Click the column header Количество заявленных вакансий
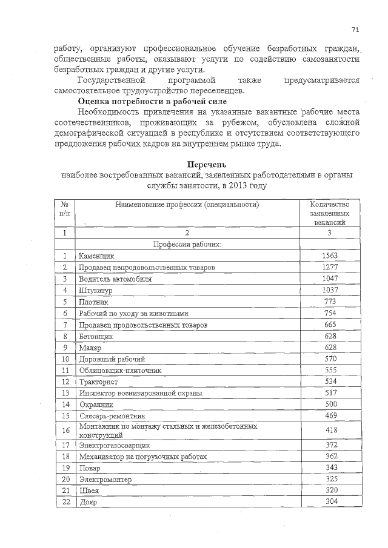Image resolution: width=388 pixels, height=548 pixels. pos(329,214)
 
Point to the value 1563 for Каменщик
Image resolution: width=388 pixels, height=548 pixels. pos(329,256)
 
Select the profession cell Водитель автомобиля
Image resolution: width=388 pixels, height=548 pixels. pos(115,279)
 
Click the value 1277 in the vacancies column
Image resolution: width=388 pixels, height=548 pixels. pos(329,268)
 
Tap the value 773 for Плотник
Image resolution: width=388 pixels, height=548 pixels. pos(329,302)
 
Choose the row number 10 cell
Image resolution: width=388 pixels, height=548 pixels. pos(65,359)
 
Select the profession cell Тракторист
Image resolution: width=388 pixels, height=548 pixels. pos(98,382)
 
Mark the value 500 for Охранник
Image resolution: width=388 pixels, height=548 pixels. pos(329,404)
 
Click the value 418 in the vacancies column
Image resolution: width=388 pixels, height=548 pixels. pos(329,430)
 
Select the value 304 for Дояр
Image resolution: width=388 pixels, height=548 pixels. pos(329,502)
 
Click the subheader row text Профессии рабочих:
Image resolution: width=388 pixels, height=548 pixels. pos(187,244)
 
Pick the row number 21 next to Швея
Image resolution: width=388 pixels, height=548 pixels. pos(65,490)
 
